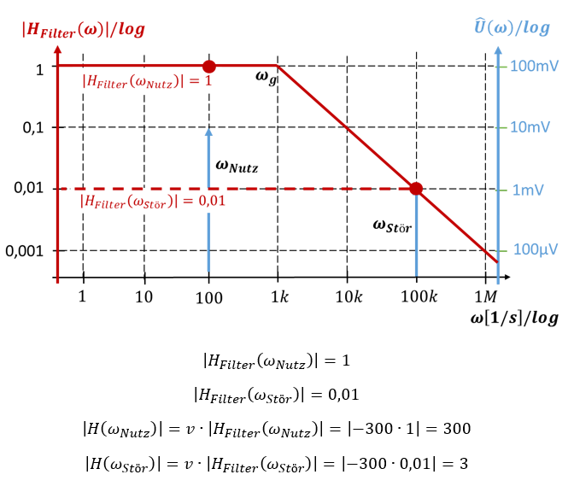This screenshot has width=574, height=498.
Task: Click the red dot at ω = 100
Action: click(208, 66)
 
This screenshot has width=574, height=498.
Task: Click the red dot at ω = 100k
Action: click(416, 189)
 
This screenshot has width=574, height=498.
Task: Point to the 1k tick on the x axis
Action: click(278, 297)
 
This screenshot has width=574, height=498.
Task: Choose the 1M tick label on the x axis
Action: click(485, 297)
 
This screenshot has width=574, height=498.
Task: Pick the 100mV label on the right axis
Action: click(535, 66)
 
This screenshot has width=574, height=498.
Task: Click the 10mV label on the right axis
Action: click(530, 127)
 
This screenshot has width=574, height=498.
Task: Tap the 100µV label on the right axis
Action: click(535, 250)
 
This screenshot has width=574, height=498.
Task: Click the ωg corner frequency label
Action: click(266, 78)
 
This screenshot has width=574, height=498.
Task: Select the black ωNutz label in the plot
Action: click(237, 167)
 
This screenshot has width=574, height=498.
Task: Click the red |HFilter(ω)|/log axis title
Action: click(83, 30)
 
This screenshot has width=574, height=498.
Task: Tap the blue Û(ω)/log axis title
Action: click(512, 27)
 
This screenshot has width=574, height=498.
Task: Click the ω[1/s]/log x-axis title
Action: click(514, 319)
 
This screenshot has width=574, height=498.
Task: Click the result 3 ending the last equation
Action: click(462, 462)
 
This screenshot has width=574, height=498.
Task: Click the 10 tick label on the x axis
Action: click(144, 297)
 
